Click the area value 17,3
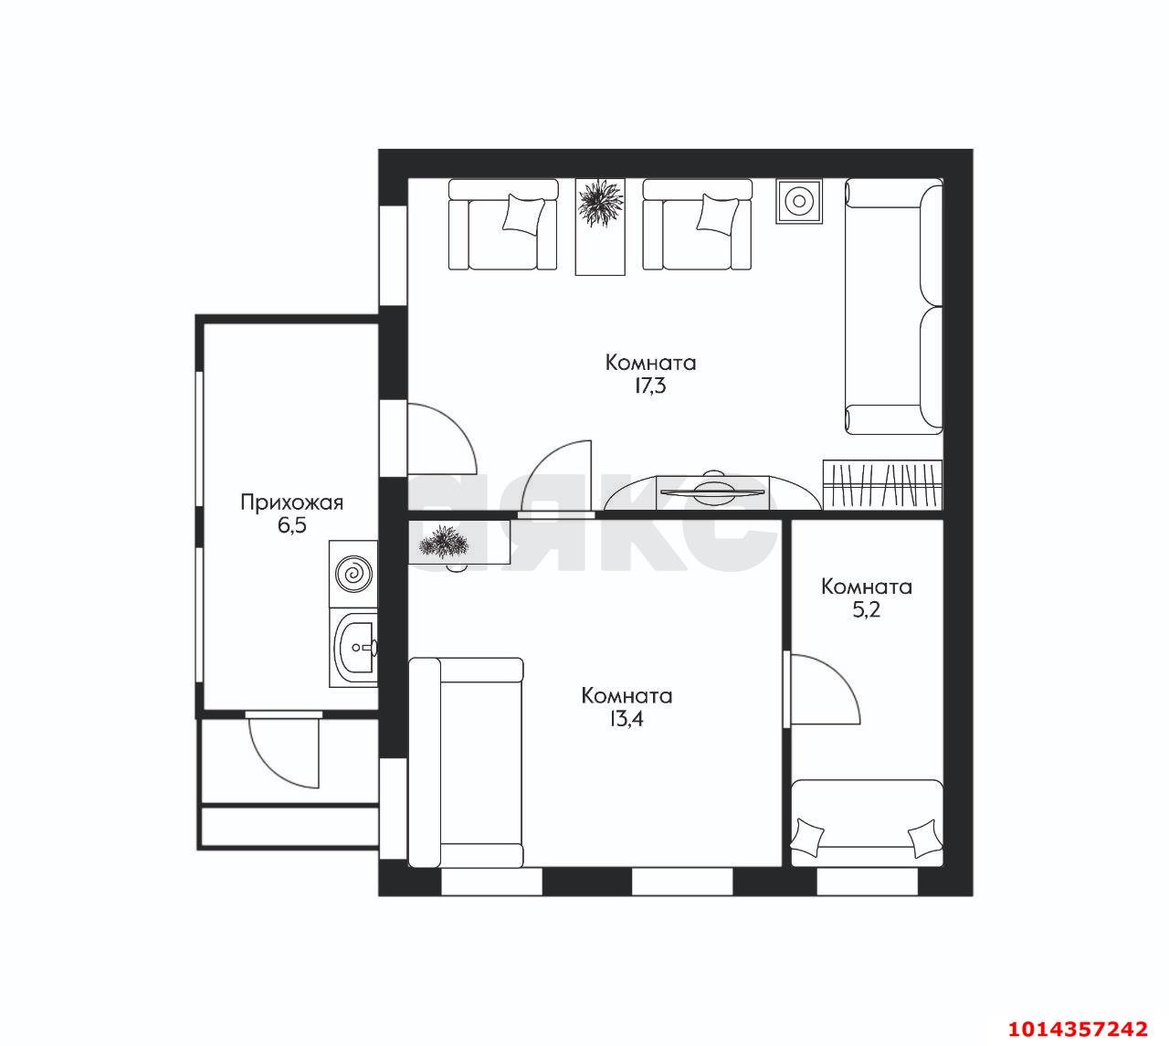pos(650,386)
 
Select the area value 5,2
pos(866,610)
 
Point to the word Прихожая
pos(292,502)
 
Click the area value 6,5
pos(292,526)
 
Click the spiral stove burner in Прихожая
pos(353,575)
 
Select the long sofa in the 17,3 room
pos(893,307)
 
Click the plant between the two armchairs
pos(601,203)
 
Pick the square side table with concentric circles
pos(799,202)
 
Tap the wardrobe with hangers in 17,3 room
pos(882,484)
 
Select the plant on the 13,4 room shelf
pos(443,542)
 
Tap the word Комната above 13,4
pos(627,695)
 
